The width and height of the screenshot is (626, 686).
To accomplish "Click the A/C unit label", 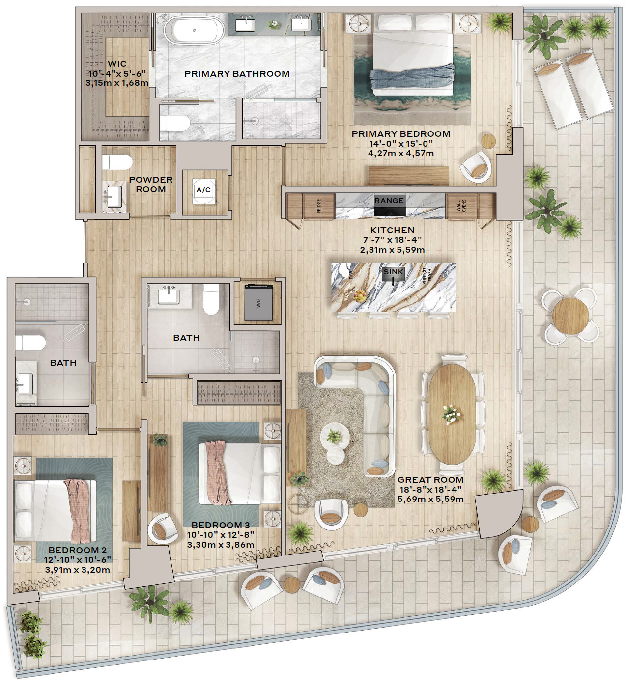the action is (203, 190).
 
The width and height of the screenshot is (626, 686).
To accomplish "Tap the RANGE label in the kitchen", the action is (389, 200).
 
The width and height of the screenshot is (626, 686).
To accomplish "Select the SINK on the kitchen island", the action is (394, 272).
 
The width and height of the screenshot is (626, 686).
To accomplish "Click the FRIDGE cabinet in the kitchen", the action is (319, 206).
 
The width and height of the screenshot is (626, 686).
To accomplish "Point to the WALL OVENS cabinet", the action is (461, 206).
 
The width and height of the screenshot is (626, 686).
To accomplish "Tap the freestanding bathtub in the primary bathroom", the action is (194, 30).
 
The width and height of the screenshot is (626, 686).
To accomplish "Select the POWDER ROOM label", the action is (151, 185).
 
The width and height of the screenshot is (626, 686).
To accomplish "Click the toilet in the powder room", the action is (117, 162).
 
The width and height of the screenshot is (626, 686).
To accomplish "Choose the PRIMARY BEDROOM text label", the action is (401, 134).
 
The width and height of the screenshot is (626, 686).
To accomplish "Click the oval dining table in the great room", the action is (452, 414).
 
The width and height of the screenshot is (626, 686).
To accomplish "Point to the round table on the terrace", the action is (570, 316).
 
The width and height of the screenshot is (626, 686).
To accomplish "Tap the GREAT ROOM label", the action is (430, 480).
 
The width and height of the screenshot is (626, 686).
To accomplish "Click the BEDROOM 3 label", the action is (221, 525).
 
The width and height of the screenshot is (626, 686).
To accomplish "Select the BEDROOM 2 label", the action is (78, 550).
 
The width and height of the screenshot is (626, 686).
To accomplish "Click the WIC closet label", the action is (117, 64).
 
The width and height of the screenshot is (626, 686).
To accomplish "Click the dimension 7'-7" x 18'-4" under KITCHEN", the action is (393, 240).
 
